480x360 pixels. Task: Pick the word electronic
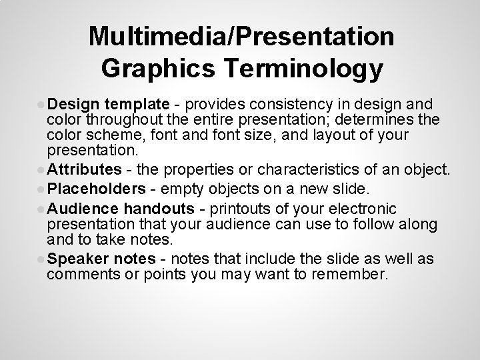click(x=359, y=209)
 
